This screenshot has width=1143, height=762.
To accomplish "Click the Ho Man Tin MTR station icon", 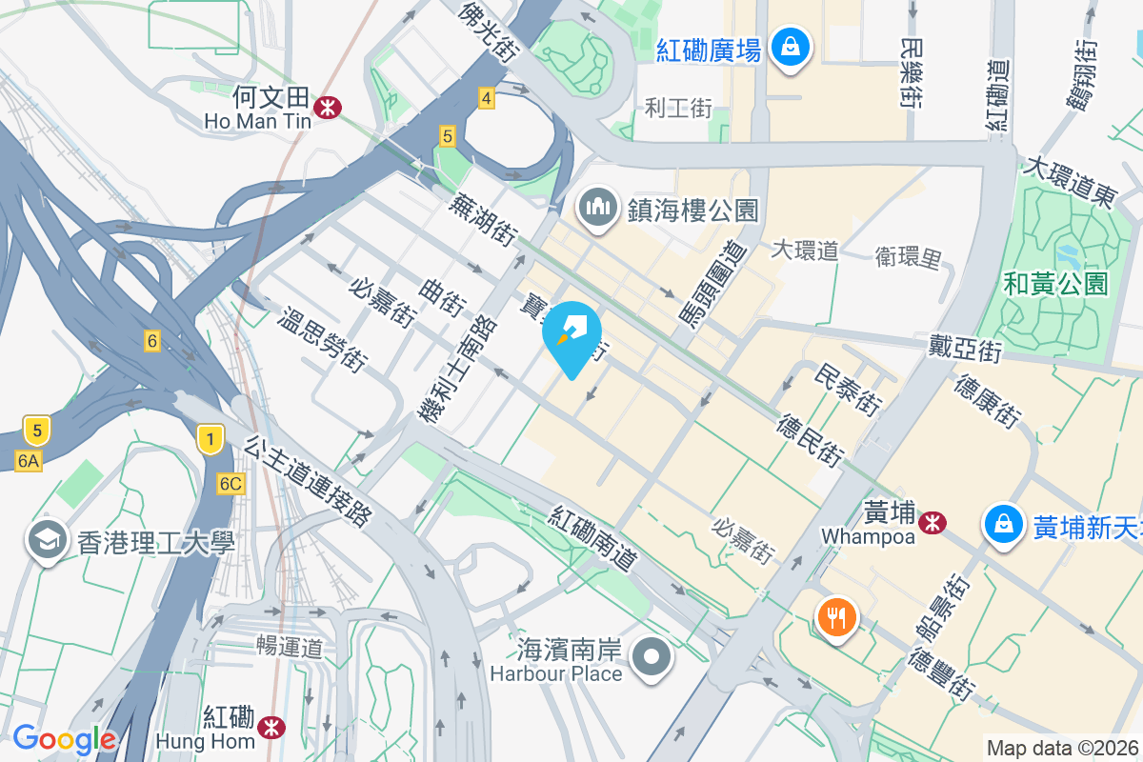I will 328,107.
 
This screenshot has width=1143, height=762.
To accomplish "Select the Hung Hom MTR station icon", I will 272,728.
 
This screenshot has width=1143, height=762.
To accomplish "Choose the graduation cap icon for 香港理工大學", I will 47,540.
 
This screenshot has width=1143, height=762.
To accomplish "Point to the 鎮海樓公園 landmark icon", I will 598,207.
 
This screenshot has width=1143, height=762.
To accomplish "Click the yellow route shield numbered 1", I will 210,439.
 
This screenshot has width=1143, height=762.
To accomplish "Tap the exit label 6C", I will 231,484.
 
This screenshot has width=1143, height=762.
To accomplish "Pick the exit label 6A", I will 29,461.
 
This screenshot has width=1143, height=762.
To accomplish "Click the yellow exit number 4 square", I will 487,97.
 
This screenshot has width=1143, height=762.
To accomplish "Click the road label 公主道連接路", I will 308,481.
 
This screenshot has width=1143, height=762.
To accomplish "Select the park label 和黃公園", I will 1056,283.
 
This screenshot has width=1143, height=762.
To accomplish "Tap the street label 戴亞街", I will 966,349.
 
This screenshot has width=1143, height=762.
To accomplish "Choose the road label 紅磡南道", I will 592,539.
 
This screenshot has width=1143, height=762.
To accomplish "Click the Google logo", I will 64,738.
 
